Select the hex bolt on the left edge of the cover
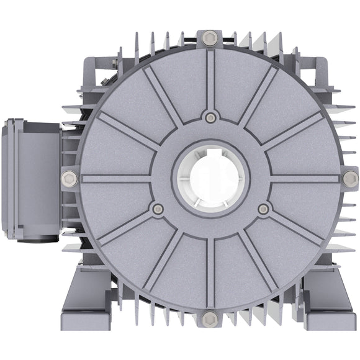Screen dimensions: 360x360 point(70,179)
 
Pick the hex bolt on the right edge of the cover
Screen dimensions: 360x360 point(351,179)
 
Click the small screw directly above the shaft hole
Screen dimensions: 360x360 point(211,117)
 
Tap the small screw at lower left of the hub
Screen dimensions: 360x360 point(158,209)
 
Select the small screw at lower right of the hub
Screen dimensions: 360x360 point(264,209)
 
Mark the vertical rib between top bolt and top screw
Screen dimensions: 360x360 point(211,78)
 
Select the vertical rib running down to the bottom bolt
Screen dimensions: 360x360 point(211,273)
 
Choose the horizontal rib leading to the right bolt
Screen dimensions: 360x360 point(304,179)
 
